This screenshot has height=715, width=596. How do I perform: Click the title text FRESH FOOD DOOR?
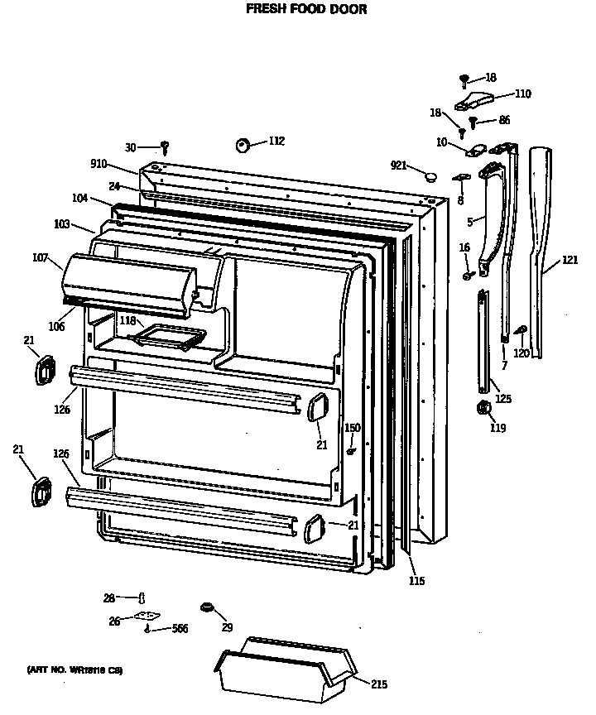tap(306, 9)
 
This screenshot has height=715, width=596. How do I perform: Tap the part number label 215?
tap(379, 684)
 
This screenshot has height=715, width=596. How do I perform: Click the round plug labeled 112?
tap(243, 145)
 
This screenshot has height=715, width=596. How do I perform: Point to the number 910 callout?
tap(99, 164)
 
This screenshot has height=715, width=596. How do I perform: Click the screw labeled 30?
tap(165, 148)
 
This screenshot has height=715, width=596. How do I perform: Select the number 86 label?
tap(504, 121)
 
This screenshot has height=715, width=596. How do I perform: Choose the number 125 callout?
tap(503, 399)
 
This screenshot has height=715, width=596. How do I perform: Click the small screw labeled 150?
tap(352, 452)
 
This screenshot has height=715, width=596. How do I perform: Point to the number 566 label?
tap(180, 629)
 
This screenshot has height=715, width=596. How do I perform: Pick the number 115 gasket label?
tap(416, 581)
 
